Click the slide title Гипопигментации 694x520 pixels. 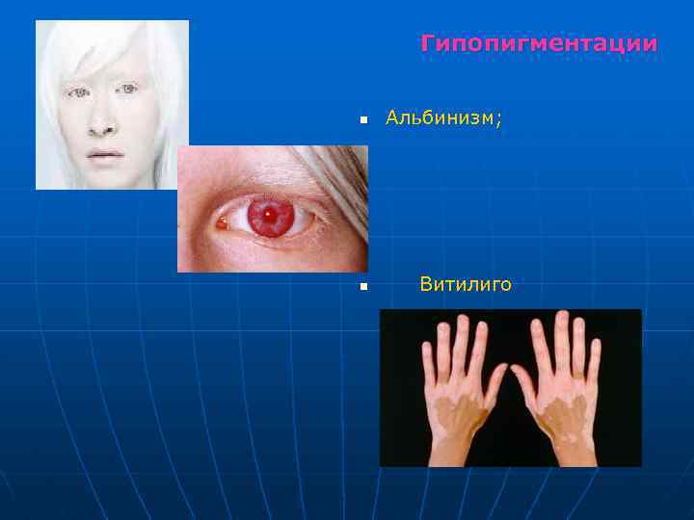539,44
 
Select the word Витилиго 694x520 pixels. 466,285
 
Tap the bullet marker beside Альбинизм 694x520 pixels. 363,121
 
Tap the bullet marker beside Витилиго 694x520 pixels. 363,287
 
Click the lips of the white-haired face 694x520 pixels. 105,154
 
